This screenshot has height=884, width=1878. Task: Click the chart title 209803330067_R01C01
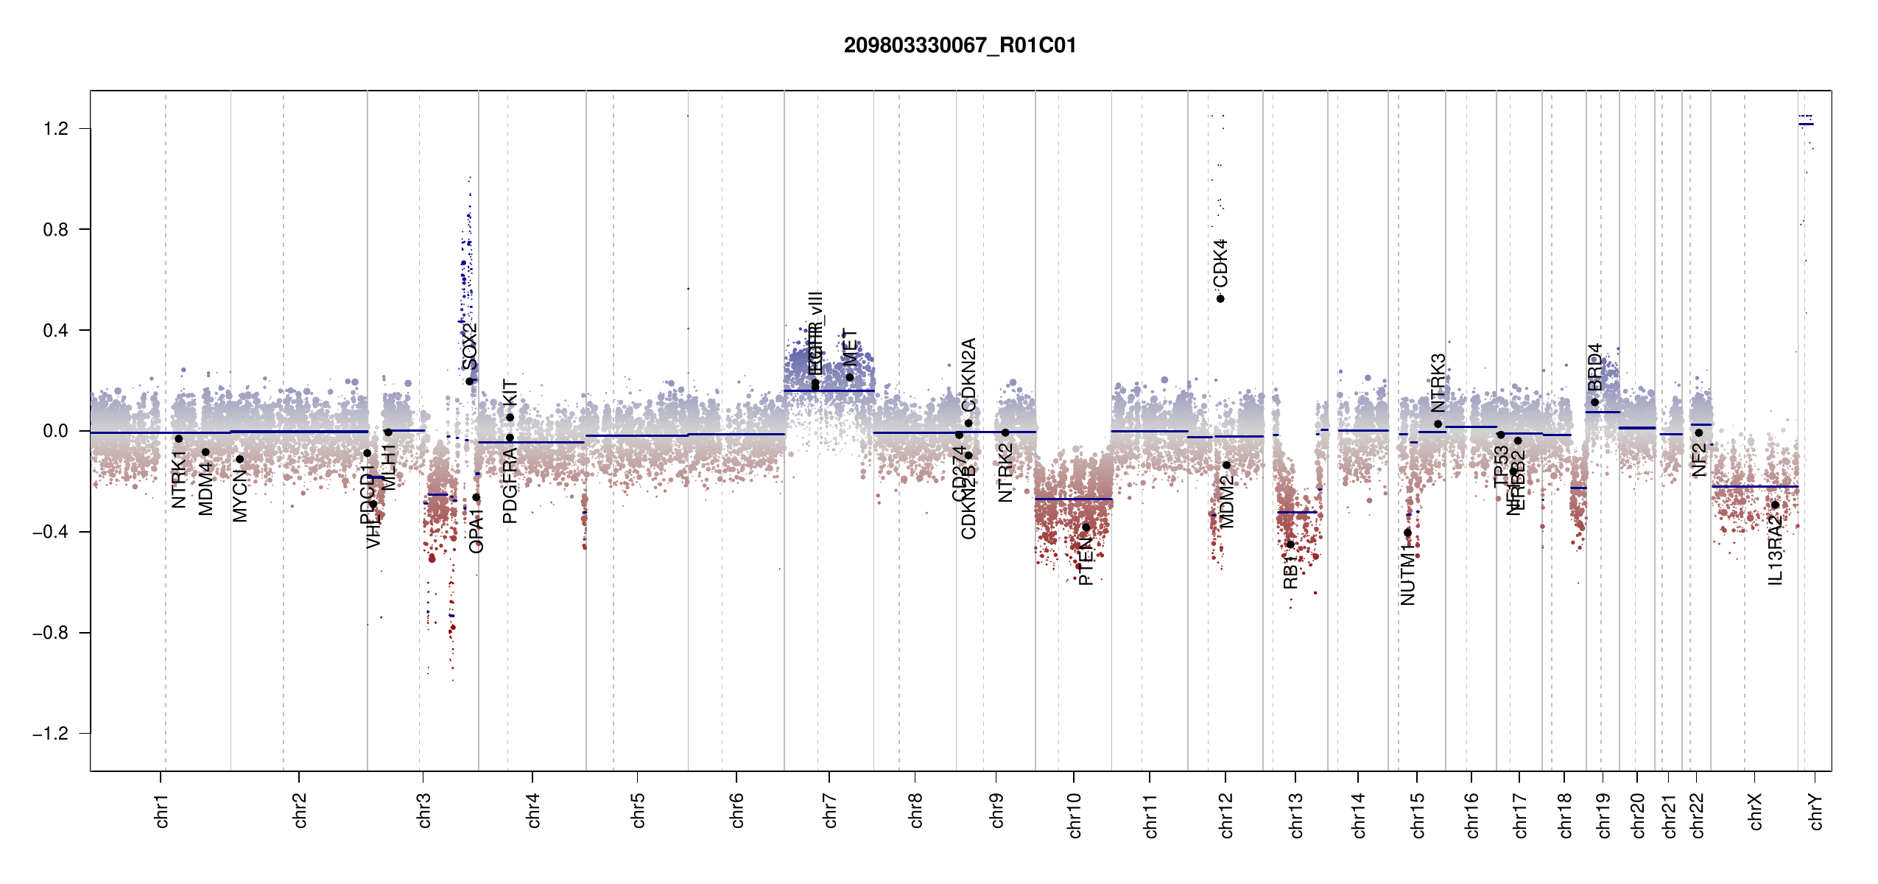(x=960, y=46)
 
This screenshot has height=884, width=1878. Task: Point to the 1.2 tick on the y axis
(x=56, y=129)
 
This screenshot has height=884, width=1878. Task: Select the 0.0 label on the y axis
(x=56, y=431)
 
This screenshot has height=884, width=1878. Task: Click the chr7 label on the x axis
(x=830, y=810)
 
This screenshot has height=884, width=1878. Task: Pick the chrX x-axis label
(x=1755, y=811)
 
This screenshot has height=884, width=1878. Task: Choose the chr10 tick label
(x=1075, y=815)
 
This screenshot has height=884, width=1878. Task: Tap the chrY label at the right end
(x=1816, y=811)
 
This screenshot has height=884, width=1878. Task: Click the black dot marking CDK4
(x=1220, y=298)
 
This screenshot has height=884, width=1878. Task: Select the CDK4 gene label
(x=1220, y=263)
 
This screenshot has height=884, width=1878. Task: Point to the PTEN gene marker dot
(x=1086, y=527)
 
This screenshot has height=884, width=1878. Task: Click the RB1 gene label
(x=1290, y=572)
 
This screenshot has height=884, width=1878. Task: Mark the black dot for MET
(x=849, y=377)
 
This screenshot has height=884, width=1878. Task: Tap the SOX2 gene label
(x=469, y=346)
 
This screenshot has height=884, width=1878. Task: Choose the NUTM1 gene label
(x=1407, y=575)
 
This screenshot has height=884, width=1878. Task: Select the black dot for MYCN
(x=239, y=459)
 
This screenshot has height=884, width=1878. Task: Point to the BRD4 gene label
(x=1594, y=367)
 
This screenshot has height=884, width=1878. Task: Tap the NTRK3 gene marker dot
(x=1438, y=424)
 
